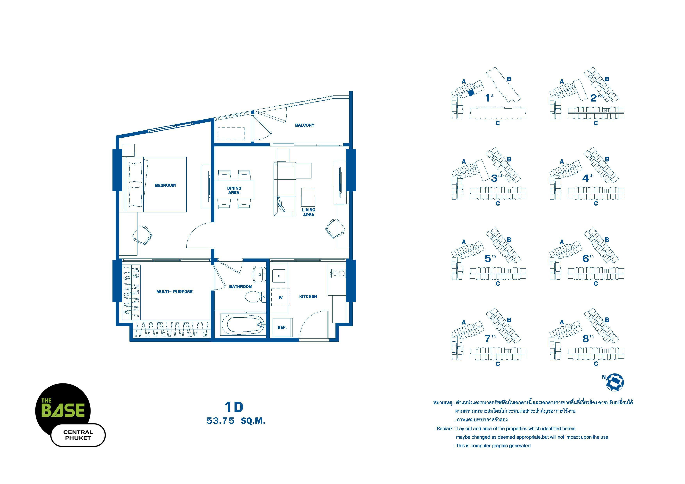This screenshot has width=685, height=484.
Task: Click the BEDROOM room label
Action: (165, 185)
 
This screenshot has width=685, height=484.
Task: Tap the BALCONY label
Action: (305, 125)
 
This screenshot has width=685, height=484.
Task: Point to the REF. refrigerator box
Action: (282, 327)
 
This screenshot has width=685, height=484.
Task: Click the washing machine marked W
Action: (280, 297)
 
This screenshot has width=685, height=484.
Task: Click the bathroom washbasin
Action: (260, 274)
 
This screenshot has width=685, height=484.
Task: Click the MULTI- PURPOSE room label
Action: (175, 292)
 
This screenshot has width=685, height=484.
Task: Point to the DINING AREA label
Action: (234, 190)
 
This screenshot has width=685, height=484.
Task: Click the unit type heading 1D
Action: (234, 407)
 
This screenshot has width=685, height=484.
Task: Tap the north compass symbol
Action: (615, 382)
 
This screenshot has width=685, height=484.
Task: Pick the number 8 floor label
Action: (586, 339)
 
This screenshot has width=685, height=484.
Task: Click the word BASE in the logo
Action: (63, 410)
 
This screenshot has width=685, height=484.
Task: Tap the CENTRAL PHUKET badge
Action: (78, 435)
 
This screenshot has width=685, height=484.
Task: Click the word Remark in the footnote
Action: (445, 429)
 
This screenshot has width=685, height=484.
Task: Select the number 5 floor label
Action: (488, 258)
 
